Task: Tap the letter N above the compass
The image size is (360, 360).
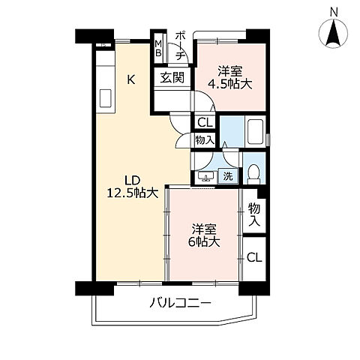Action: point(334,10)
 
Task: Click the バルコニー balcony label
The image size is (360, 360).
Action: point(179,303)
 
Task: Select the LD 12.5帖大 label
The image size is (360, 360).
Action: point(131,186)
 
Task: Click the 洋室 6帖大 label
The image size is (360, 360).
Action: point(202,235)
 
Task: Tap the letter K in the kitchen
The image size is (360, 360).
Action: point(130,79)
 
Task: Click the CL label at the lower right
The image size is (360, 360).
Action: point(255,257)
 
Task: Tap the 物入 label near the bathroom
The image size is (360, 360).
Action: point(205,139)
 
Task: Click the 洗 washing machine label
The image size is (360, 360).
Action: point(228,176)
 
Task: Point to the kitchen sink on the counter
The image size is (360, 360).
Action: point(104,99)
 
